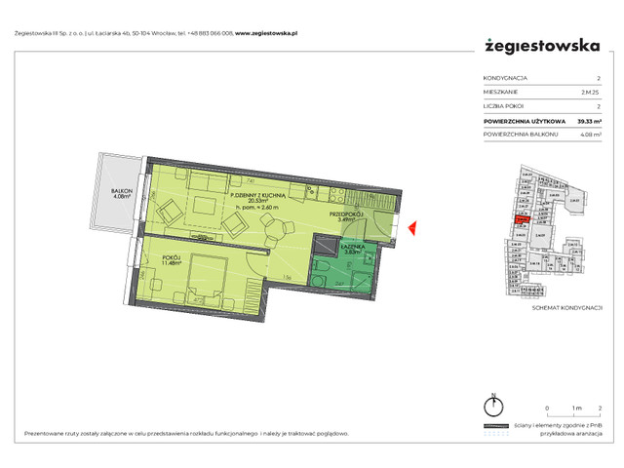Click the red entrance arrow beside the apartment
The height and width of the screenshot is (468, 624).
412,229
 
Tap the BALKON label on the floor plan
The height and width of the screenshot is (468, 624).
121,191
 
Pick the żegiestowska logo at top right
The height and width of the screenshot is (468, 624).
541,44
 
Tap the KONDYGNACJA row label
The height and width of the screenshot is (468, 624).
506,77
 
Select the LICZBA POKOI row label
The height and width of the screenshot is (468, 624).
505,105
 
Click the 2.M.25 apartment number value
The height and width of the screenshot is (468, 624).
591,92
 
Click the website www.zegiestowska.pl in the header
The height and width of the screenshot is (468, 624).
268,32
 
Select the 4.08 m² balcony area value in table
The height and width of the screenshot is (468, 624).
587,136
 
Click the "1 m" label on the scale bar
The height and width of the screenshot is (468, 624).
576,407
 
